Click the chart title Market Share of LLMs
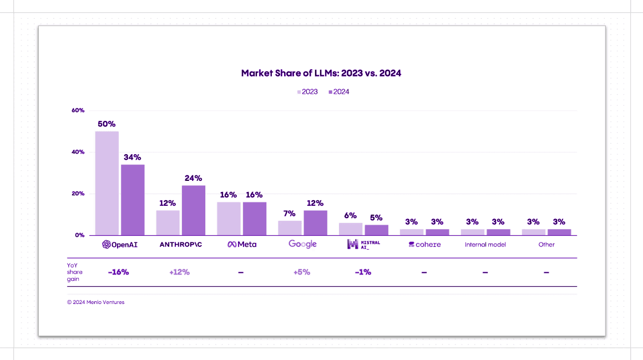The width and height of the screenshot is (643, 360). click(321, 73)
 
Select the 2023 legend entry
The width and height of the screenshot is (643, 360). click(307, 92)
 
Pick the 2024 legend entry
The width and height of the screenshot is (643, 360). click(339, 92)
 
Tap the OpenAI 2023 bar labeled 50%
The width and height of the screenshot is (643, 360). click(107, 183)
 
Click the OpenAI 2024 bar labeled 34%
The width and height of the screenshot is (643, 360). click(133, 200)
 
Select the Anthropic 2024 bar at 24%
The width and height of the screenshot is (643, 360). click(194, 210)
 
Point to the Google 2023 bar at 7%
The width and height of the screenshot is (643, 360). click(290, 228)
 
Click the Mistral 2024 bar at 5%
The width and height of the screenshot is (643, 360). click(377, 230)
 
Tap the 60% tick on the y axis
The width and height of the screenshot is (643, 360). click(78, 110)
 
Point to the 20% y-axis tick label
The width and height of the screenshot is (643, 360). click(78, 194)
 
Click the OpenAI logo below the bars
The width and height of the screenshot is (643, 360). click(120, 245)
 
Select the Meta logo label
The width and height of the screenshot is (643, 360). click(242, 245)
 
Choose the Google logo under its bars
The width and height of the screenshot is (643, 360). click(302, 245)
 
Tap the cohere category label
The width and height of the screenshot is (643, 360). click(425, 245)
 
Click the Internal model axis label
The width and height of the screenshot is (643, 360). click(485, 245)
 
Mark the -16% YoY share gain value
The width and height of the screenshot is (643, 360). click(119, 272)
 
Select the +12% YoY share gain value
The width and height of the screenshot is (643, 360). click(180, 272)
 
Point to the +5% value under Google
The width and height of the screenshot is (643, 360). click(302, 272)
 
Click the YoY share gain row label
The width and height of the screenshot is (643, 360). click(75, 272)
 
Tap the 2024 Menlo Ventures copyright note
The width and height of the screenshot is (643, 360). click(95, 302)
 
